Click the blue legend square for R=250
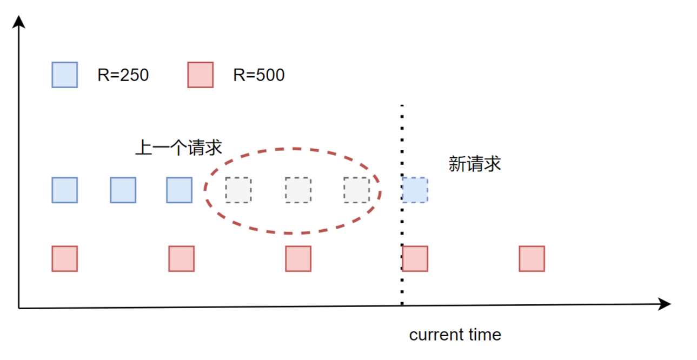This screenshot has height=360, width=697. (x=64, y=75)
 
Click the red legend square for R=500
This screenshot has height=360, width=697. (x=200, y=75)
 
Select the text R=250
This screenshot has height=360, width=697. (x=123, y=75)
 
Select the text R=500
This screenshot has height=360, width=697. (x=258, y=75)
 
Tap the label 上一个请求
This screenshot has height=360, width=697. (x=178, y=148)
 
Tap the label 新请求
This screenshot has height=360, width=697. (x=475, y=164)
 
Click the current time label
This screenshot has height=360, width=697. (x=455, y=335)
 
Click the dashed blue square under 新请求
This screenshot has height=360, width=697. (x=415, y=190)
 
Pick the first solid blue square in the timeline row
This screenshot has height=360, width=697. (x=64, y=190)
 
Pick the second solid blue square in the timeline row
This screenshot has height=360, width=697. (x=123, y=190)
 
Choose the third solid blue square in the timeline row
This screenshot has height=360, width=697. (x=180, y=190)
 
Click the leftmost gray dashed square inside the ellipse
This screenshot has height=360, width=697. (x=238, y=190)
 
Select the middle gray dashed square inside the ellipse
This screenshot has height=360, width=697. (x=298, y=190)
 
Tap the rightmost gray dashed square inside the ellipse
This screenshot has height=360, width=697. (x=356, y=190)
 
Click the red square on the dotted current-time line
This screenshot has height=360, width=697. (x=415, y=258)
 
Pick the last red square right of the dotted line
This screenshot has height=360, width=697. (x=532, y=258)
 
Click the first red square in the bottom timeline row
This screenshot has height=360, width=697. (x=64, y=258)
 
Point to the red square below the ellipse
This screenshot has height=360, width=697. (x=298, y=258)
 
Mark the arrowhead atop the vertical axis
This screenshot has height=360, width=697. (x=19, y=22)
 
